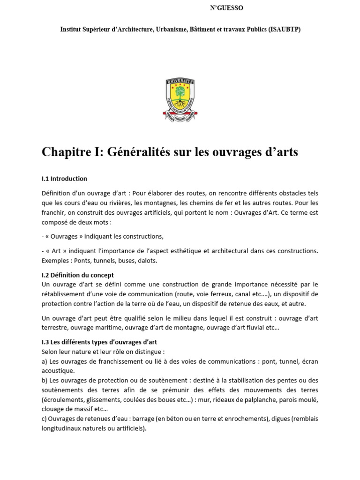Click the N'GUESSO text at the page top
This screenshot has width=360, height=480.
pyautogui.click(x=226, y=7)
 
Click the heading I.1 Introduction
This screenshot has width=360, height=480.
pyautogui.click(x=64, y=179)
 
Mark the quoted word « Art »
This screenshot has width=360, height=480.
pyautogui.click(x=54, y=251)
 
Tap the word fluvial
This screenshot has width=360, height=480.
pyautogui.click(x=253, y=328)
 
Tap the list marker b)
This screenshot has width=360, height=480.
pyautogui.click(x=45, y=380)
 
